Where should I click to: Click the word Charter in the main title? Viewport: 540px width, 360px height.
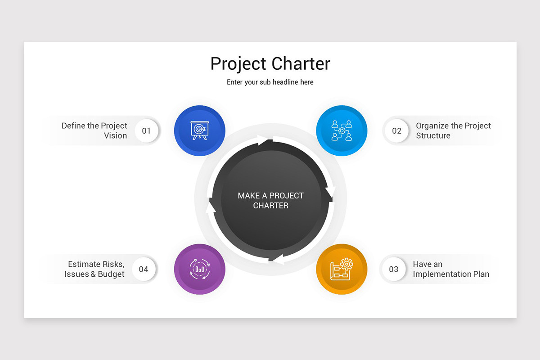pos(301,63)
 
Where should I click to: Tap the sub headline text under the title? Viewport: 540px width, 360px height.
pos(270,82)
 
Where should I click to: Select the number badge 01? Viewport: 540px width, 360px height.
pos(146,130)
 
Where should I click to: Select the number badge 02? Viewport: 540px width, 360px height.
pos(396,130)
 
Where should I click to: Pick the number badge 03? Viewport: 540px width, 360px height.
pos(394,269)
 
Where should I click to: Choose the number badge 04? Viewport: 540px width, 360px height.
pos(144,269)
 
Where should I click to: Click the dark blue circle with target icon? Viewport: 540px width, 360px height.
pos(200,130)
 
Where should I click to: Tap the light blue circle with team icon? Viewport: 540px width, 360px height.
pos(342,130)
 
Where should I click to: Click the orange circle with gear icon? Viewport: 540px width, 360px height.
pos(342,269)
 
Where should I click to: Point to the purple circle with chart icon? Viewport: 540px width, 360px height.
pos(200,269)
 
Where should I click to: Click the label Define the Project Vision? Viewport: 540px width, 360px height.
pos(94,130)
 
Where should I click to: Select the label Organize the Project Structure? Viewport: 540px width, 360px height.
pos(453,130)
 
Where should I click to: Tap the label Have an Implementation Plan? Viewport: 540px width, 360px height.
pos(451,269)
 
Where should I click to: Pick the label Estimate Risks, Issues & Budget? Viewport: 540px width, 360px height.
pos(94,269)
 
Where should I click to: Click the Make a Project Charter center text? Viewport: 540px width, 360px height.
pos(270,200)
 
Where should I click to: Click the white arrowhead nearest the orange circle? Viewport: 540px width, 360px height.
pos(279,260)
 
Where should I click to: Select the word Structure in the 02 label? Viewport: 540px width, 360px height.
pos(433,135)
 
